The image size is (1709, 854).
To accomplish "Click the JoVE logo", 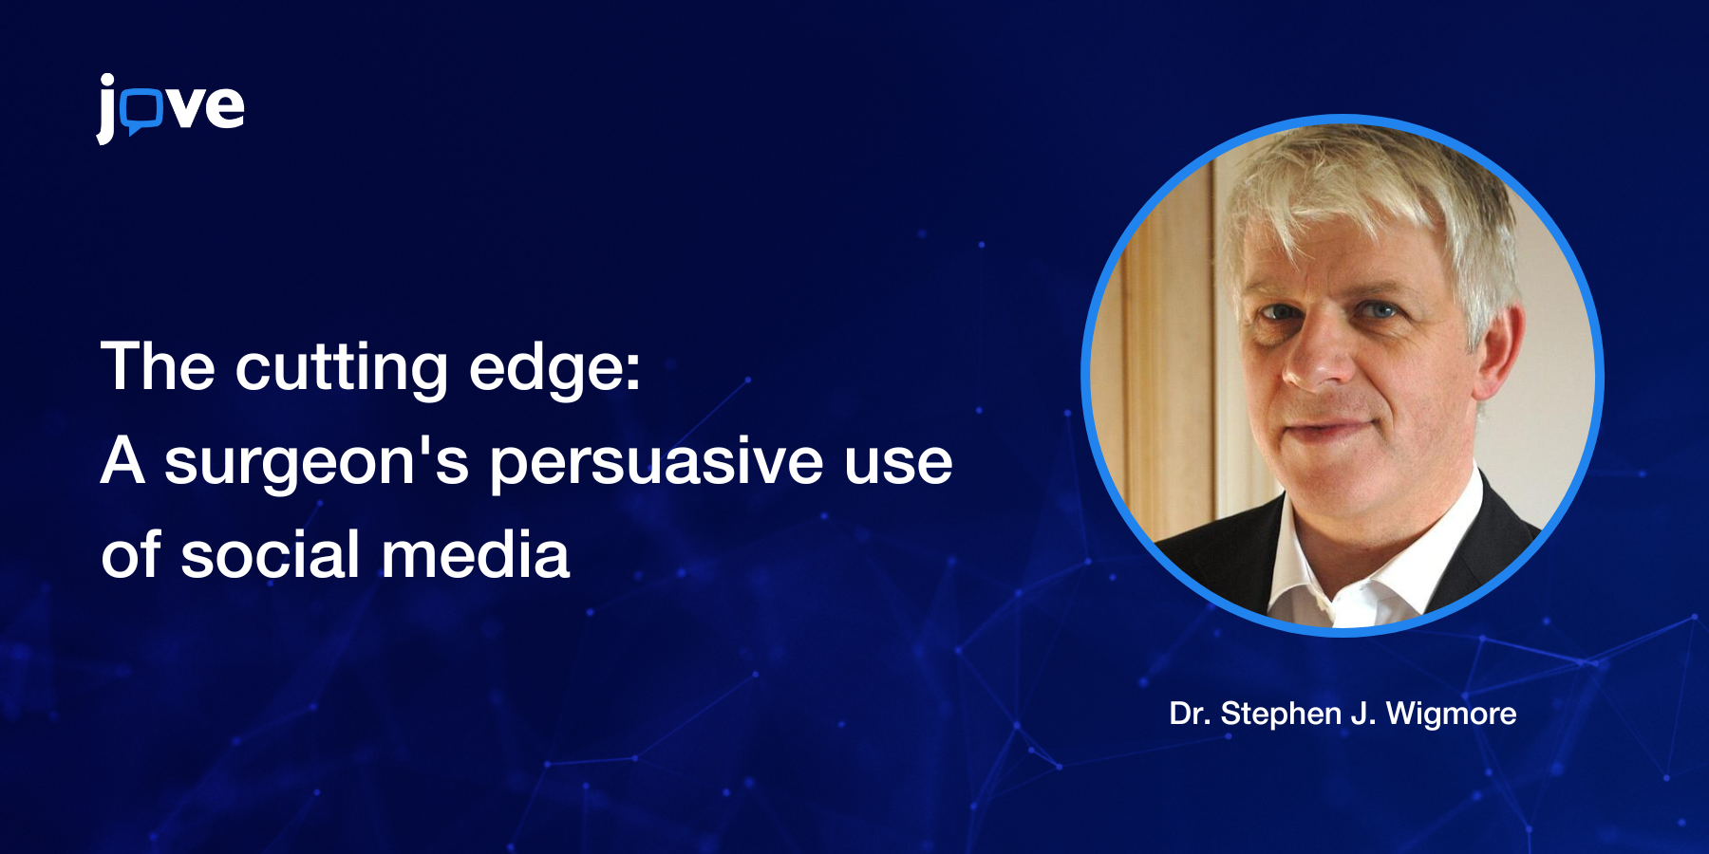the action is [171, 108].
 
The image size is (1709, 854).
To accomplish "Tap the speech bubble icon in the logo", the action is [143, 111].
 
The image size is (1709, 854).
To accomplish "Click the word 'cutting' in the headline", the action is [342, 369].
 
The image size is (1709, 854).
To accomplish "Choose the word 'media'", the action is [476, 555].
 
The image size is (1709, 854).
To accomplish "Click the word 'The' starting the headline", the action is [159, 366].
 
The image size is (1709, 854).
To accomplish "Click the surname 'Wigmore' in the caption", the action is [1451, 715].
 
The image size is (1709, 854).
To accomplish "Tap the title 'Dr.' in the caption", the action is [1189, 714].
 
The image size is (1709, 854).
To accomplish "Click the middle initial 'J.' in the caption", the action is [1363, 715].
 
